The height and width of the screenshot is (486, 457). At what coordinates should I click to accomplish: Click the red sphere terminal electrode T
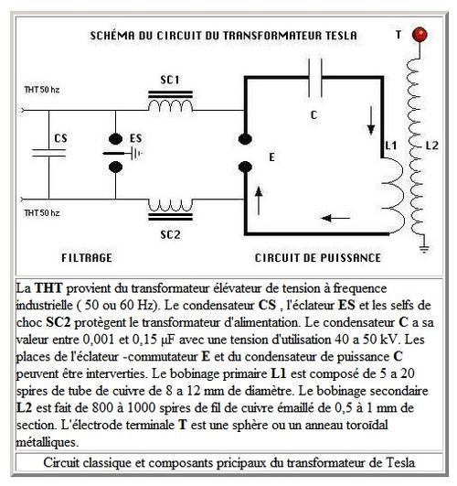click(x=420, y=35)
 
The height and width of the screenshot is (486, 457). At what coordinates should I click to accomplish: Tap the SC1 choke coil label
click(x=170, y=81)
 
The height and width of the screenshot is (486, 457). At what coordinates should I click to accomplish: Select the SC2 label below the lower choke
click(x=170, y=234)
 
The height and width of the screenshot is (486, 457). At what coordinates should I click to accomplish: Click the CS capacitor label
click(x=60, y=138)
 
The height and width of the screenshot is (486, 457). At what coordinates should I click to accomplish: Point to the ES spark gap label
click(x=136, y=138)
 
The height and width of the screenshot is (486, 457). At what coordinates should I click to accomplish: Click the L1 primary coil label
click(x=391, y=146)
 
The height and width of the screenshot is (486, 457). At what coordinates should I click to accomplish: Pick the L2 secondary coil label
click(x=432, y=146)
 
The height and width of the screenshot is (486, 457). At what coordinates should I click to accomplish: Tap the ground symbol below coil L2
click(x=424, y=248)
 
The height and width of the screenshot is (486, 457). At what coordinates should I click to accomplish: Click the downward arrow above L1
click(x=371, y=121)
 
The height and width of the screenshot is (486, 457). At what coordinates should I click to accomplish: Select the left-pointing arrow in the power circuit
click(x=335, y=218)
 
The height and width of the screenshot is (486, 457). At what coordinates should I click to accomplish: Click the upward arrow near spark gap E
click(x=259, y=200)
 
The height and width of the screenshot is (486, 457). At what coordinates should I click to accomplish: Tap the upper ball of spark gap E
click(x=245, y=139)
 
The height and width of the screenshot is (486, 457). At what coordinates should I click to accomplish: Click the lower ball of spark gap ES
click(x=115, y=167)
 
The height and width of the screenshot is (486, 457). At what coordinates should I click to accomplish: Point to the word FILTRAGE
click(x=87, y=258)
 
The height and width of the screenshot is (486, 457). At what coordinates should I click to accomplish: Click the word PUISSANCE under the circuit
click(x=350, y=258)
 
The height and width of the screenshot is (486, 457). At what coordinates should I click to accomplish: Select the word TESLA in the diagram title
click(x=341, y=36)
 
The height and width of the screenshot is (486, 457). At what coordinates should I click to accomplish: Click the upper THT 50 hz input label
click(x=42, y=90)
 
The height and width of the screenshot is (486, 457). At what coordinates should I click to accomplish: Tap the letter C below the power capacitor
click(x=314, y=115)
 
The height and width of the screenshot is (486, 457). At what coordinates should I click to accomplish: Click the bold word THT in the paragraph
click(x=48, y=288)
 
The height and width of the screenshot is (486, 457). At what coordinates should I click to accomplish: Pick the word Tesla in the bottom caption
click(x=400, y=462)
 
